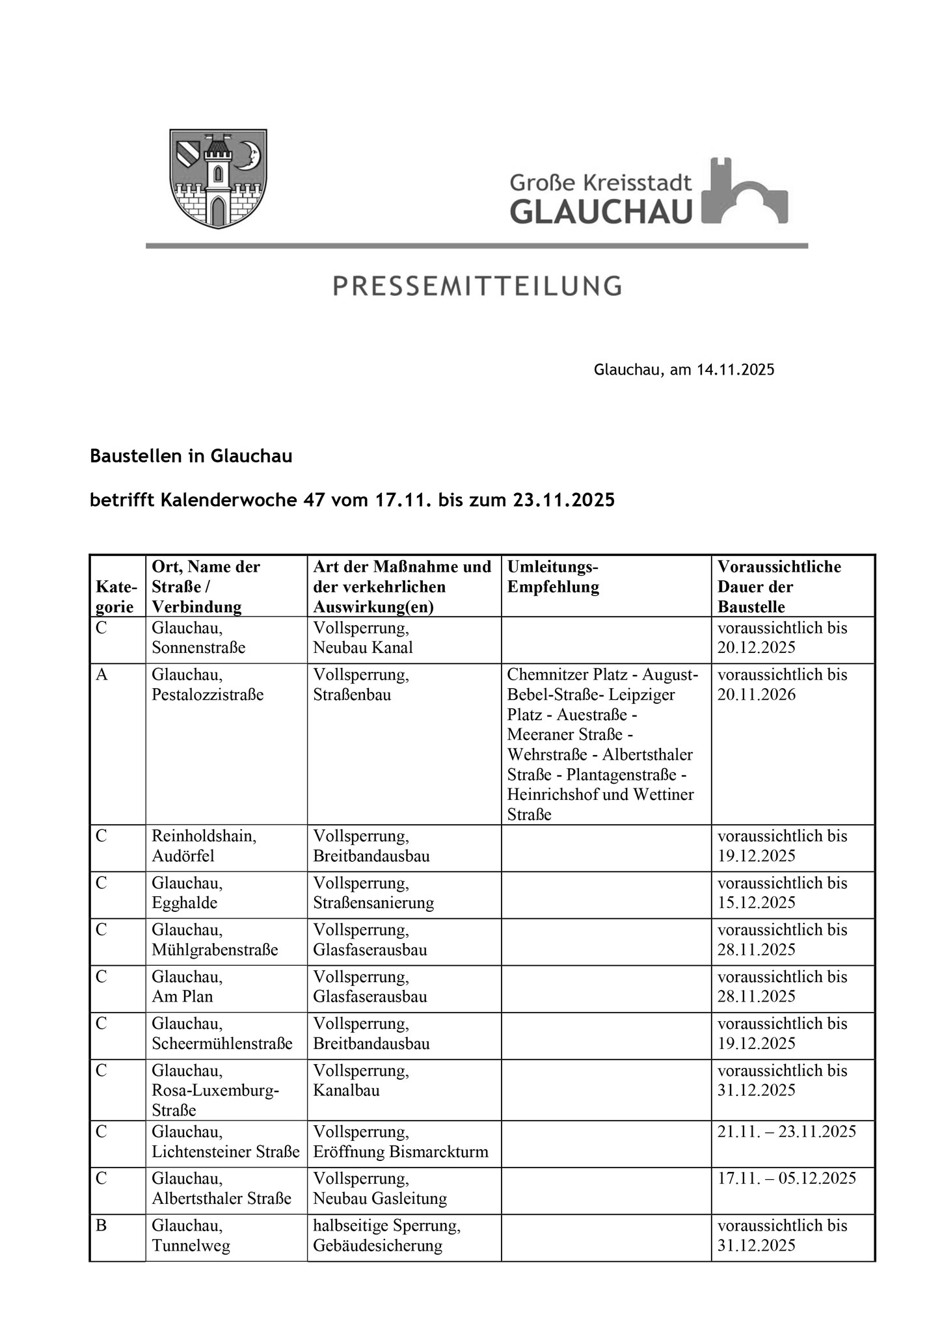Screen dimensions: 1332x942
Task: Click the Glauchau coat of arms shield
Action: (x=218, y=178)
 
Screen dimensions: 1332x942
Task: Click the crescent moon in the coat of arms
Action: (x=248, y=155)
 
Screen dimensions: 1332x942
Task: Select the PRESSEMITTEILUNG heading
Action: (x=477, y=286)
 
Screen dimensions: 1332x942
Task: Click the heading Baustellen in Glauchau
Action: (x=191, y=457)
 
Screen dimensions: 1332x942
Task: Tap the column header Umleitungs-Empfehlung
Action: (x=553, y=577)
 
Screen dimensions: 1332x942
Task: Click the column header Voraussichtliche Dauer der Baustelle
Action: (x=779, y=587)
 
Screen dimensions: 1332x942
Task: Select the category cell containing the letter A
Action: (x=101, y=675)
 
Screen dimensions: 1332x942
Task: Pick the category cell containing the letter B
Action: (x=101, y=1226)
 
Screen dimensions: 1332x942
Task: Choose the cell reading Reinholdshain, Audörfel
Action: (x=204, y=846)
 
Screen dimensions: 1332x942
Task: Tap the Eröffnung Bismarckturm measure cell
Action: (x=400, y=1151)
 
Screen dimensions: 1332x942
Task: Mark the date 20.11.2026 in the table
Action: (x=757, y=695)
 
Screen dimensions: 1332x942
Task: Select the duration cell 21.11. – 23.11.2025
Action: (x=787, y=1132)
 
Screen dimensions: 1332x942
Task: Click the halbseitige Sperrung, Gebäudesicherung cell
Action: (x=386, y=1236)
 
